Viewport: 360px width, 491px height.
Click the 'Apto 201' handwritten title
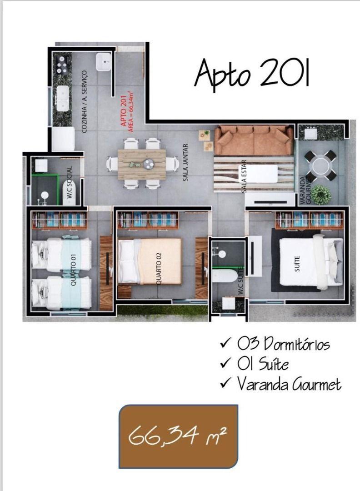(252, 74)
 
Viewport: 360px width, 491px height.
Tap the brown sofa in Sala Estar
(253, 140)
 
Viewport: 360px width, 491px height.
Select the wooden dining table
(141, 164)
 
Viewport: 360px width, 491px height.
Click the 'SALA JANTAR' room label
(185, 163)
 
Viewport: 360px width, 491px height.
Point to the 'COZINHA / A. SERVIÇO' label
(84, 101)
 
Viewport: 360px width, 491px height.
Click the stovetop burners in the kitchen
(62, 65)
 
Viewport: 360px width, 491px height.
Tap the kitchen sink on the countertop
(61, 95)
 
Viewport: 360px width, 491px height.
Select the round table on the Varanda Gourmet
(321, 165)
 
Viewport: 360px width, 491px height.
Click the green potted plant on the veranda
(321, 194)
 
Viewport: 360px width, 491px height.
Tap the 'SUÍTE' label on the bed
(298, 263)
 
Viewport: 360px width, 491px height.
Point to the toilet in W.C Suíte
(225, 275)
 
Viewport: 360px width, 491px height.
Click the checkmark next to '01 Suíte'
(224, 364)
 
